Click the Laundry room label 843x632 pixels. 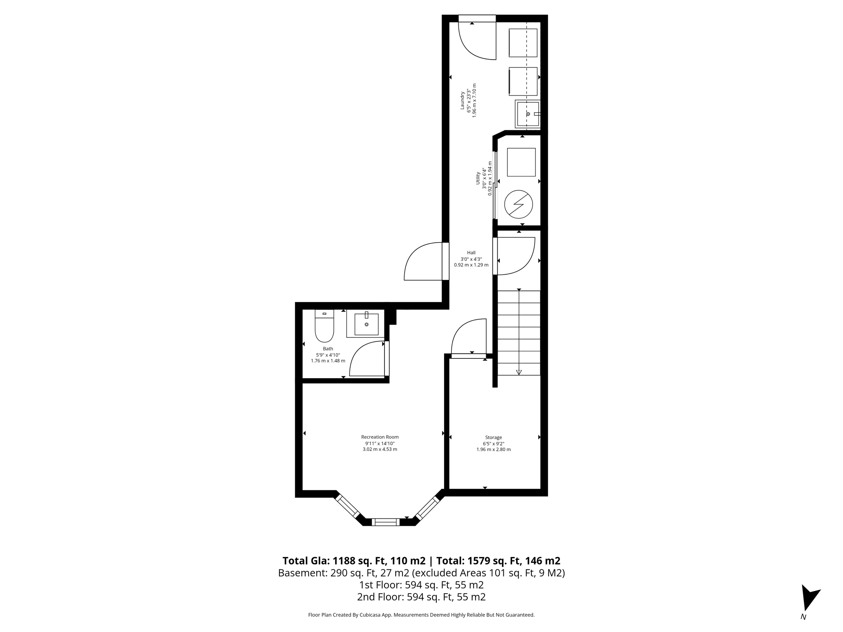point(463,100)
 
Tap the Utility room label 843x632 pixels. point(478,178)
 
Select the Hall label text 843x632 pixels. point(471,253)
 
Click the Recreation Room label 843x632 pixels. point(380,437)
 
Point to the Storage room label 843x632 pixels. point(493,437)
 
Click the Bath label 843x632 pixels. point(328,349)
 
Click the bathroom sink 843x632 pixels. point(366,324)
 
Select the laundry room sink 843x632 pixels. point(528,114)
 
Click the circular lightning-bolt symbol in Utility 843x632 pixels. point(518,204)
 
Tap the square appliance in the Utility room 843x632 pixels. point(521,162)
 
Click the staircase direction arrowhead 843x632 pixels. point(519,372)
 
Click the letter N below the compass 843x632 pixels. point(803,617)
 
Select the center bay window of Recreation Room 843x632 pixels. point(386,522)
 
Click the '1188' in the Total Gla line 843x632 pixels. point(344,561)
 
